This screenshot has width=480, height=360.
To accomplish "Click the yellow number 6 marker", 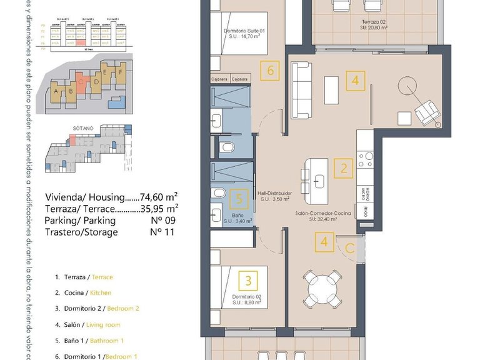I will pos(270,69).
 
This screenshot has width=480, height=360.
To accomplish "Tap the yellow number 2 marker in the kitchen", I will pos(343,167).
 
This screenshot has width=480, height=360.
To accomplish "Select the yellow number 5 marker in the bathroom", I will pos(237,199).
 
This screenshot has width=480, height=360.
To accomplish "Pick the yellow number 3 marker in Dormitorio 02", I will pos(249,280).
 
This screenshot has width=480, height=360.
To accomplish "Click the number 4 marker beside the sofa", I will pos(355,80).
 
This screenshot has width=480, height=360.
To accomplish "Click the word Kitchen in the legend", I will pos(101,292).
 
